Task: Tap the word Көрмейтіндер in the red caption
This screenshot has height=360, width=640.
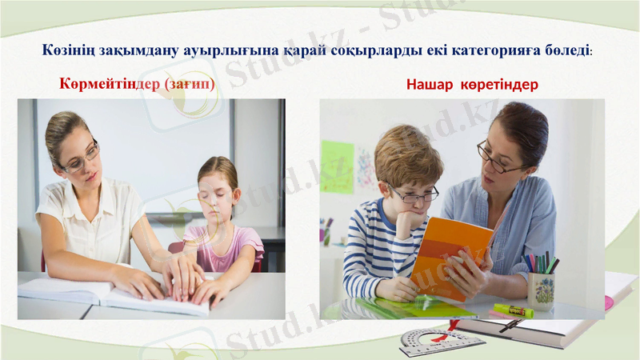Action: pos(110,83)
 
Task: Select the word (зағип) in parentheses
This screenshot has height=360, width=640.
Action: pos(190,83)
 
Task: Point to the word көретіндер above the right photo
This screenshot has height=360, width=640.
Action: pos(499,84)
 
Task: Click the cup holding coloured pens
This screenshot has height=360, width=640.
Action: pos(541,290)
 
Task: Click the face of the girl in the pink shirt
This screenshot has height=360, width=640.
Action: pos(215,192)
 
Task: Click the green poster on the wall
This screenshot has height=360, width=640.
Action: pos(337,166)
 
